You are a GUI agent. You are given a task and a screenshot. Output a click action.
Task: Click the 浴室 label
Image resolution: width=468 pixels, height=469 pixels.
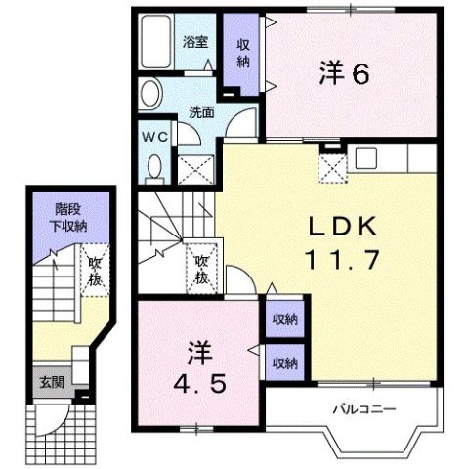coord(194,42)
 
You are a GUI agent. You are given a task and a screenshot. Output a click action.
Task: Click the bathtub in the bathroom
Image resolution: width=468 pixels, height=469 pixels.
coord(155,43)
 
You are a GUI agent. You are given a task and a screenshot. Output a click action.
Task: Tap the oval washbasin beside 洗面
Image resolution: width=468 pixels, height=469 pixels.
coord(150,95)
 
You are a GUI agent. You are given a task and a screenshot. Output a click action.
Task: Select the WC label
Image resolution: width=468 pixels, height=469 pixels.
coord(153,136)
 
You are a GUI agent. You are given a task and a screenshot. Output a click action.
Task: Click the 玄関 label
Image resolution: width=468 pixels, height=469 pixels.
coord(51,380)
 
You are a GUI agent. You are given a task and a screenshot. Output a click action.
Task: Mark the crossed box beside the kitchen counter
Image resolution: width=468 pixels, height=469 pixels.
coord(333,167)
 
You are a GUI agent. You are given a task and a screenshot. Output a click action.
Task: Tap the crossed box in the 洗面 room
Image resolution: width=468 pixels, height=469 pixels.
coord(191,170)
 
